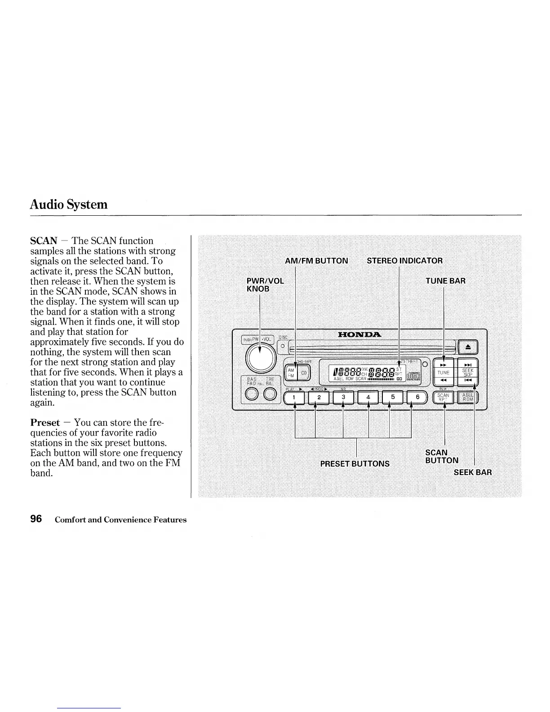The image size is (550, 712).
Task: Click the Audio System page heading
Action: coord(69,205)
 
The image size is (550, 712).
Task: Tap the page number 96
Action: coord(36,519)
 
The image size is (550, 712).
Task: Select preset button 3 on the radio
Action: coord(343,397)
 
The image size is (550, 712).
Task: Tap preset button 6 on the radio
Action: coord(417,397)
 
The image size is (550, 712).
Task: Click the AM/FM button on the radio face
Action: coord(290,373)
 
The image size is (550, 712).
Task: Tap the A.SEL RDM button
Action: coord(468,397)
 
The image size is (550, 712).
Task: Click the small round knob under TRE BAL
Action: coord(270,395)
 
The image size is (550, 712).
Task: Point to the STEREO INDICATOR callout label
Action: coord(404,261)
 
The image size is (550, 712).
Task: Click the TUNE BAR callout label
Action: coord(445,281)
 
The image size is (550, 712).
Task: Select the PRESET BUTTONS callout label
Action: coord(355,463)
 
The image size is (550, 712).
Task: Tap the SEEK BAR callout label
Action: coord(472,472)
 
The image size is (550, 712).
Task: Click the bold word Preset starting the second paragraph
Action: coord(45,423)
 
